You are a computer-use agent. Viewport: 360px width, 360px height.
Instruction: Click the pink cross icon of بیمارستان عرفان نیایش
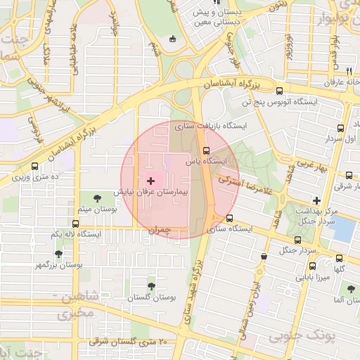pyautogui.click(x=150, y=181)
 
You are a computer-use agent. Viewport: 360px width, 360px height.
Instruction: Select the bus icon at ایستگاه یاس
pyautogui.click(x=206, y=150)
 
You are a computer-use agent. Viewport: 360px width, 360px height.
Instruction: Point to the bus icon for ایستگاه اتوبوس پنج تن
pyautogui.click(x=281, y=91)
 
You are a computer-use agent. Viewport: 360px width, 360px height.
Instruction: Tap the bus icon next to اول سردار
pyautogui.click(x=341, y=128)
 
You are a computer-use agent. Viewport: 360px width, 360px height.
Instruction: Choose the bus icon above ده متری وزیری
pyautogui.click(x=35, y=167)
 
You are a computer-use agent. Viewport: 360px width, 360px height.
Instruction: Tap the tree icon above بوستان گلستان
pyautogui.click(x=151, y=286)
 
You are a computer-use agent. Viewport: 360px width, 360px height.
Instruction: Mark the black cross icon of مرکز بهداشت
pyautogui.click(x=317, y=201)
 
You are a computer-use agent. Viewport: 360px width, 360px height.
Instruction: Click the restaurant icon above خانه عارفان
pyautogui.click(x=349, y=71)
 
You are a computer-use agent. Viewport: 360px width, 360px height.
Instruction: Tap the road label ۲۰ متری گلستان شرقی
pyautogui.click(x=127, y=342)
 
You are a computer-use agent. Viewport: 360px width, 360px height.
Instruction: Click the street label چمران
pyautogui.click(x=160, y=230)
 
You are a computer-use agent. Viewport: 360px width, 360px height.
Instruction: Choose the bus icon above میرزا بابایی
pyautogui.click(x=313, y=266)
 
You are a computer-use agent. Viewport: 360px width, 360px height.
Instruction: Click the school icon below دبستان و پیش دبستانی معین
pyautogui.click(x=174, y=38)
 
